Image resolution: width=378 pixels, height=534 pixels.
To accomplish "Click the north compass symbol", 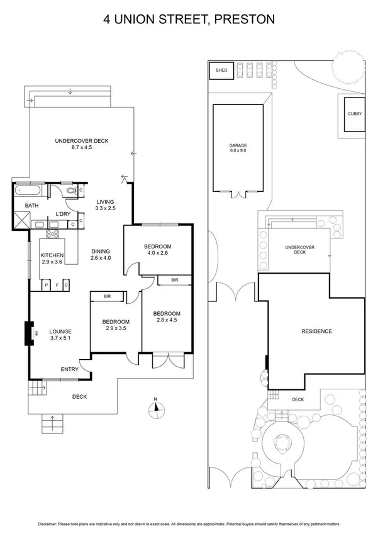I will (x=154, y=409).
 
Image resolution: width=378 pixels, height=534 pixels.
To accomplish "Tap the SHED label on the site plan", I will (x=221, y=70).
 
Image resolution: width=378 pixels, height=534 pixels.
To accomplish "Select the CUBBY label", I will (x=354, y=114).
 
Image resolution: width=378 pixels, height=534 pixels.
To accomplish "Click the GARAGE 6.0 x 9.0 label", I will (x=238, y=148).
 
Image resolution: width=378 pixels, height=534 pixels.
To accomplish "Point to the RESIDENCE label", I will (x=316, y=331).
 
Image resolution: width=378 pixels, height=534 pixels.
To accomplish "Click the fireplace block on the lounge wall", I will (x=28, y=333).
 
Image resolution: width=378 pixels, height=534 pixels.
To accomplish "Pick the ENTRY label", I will (x=69, y=369).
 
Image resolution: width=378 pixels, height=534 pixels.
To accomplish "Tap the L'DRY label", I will (x=63, y=214).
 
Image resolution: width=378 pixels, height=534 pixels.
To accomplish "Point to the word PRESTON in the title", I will (x=244, y=19).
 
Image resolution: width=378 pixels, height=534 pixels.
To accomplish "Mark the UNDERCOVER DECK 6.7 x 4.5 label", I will (x=82, y=145).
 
